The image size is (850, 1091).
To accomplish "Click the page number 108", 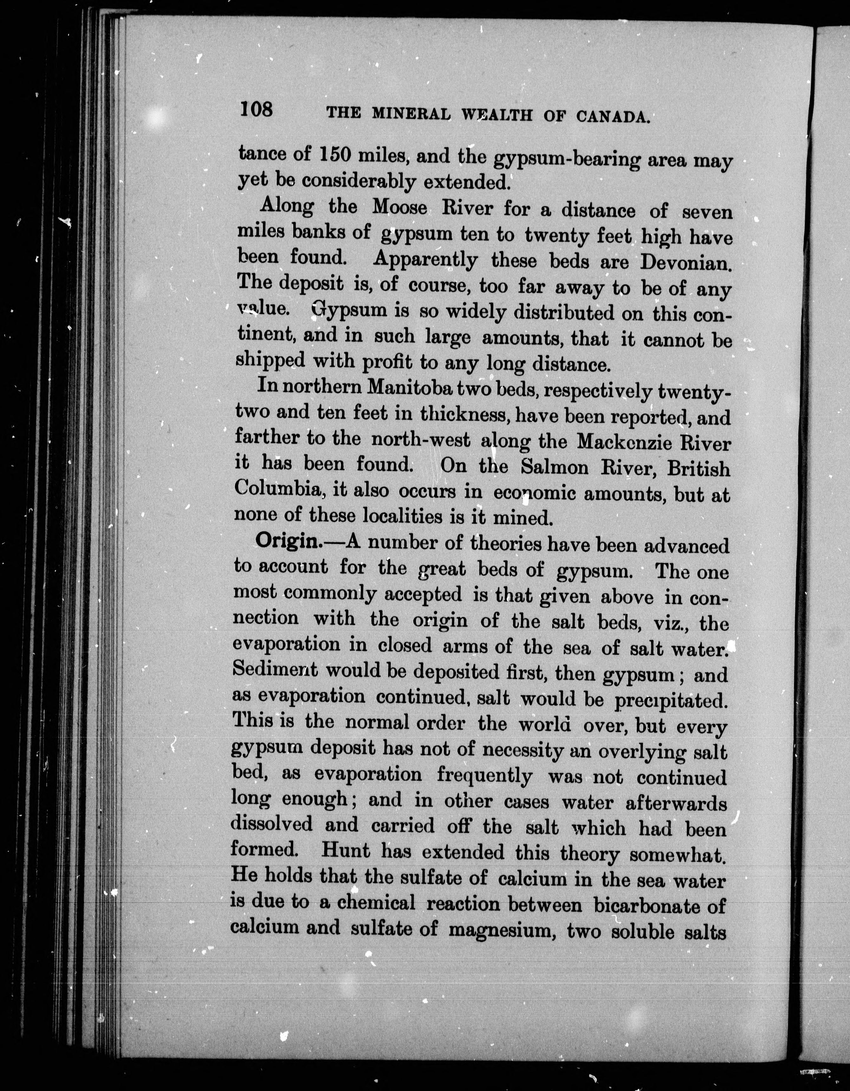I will (x=256, y=108).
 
